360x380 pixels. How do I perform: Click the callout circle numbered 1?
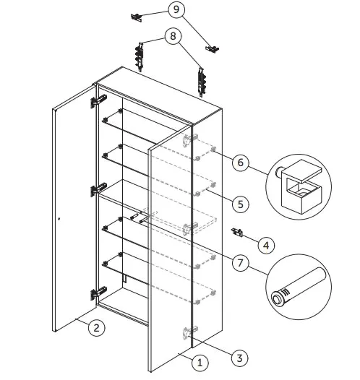[200, 363]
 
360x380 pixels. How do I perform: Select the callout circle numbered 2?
[96, 328]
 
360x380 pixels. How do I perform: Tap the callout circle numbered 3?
[239, 358]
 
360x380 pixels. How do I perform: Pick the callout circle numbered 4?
[266, 245]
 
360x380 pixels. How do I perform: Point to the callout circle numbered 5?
[240, 204]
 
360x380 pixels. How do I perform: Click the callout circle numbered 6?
[240, 162]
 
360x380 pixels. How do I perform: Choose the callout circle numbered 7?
[240, 262]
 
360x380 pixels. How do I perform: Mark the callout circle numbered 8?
[173, 36]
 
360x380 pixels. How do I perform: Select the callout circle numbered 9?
[176, 9]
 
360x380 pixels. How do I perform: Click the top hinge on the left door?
[98, 100]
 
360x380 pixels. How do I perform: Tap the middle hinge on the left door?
[98, 189]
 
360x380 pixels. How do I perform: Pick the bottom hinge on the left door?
[98, 293]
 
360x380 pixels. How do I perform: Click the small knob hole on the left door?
[59, 219]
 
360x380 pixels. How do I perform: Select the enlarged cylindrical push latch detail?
[299, 287]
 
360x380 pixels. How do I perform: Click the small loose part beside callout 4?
[237, 232]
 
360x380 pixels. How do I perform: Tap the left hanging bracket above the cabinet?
[140, 56]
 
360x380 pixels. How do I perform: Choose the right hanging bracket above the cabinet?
[202, 82]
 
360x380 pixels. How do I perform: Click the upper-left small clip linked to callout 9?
[137, 17]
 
